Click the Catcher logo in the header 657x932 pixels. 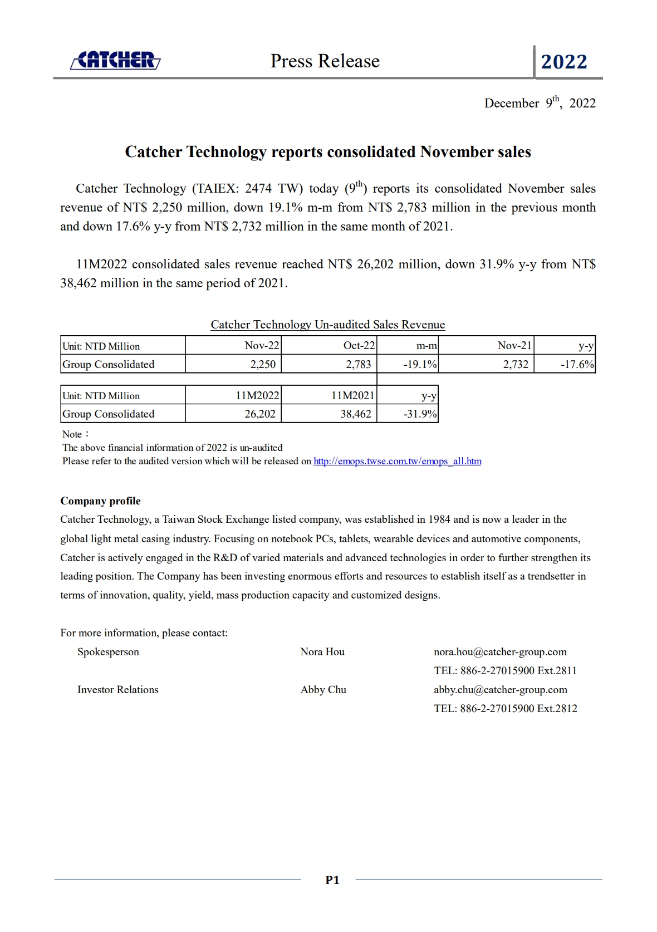(x=116, y=60)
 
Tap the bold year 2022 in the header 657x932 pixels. (x=564, y=62)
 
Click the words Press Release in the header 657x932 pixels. (x=325, y=61)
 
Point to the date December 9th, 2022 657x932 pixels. (x=540, y=103)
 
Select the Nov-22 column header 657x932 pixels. (x=262, y=346)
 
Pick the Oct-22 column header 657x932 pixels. (x=359, y=346)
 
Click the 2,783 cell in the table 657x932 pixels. (x=359, y=365)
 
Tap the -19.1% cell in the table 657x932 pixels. (x=420, y=365)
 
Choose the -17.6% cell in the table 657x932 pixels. (x=577, y=365)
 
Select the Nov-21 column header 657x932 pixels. (x=514, y=346)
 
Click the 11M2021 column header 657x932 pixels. (x=353, y=396)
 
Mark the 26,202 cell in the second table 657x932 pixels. (x=260, y=414)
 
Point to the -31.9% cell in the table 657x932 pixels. (x=420, y=414)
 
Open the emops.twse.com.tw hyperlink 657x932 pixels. (x=398, y=462)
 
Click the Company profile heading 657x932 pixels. (x=100, y=501)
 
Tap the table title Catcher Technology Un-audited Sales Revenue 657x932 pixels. (x=327, y=325)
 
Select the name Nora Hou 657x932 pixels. (x=322, y=652)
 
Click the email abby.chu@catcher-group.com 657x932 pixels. (x=501, y=690)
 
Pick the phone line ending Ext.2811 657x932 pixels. (x=505, y=671)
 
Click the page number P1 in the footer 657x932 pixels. (x=332, y=880)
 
